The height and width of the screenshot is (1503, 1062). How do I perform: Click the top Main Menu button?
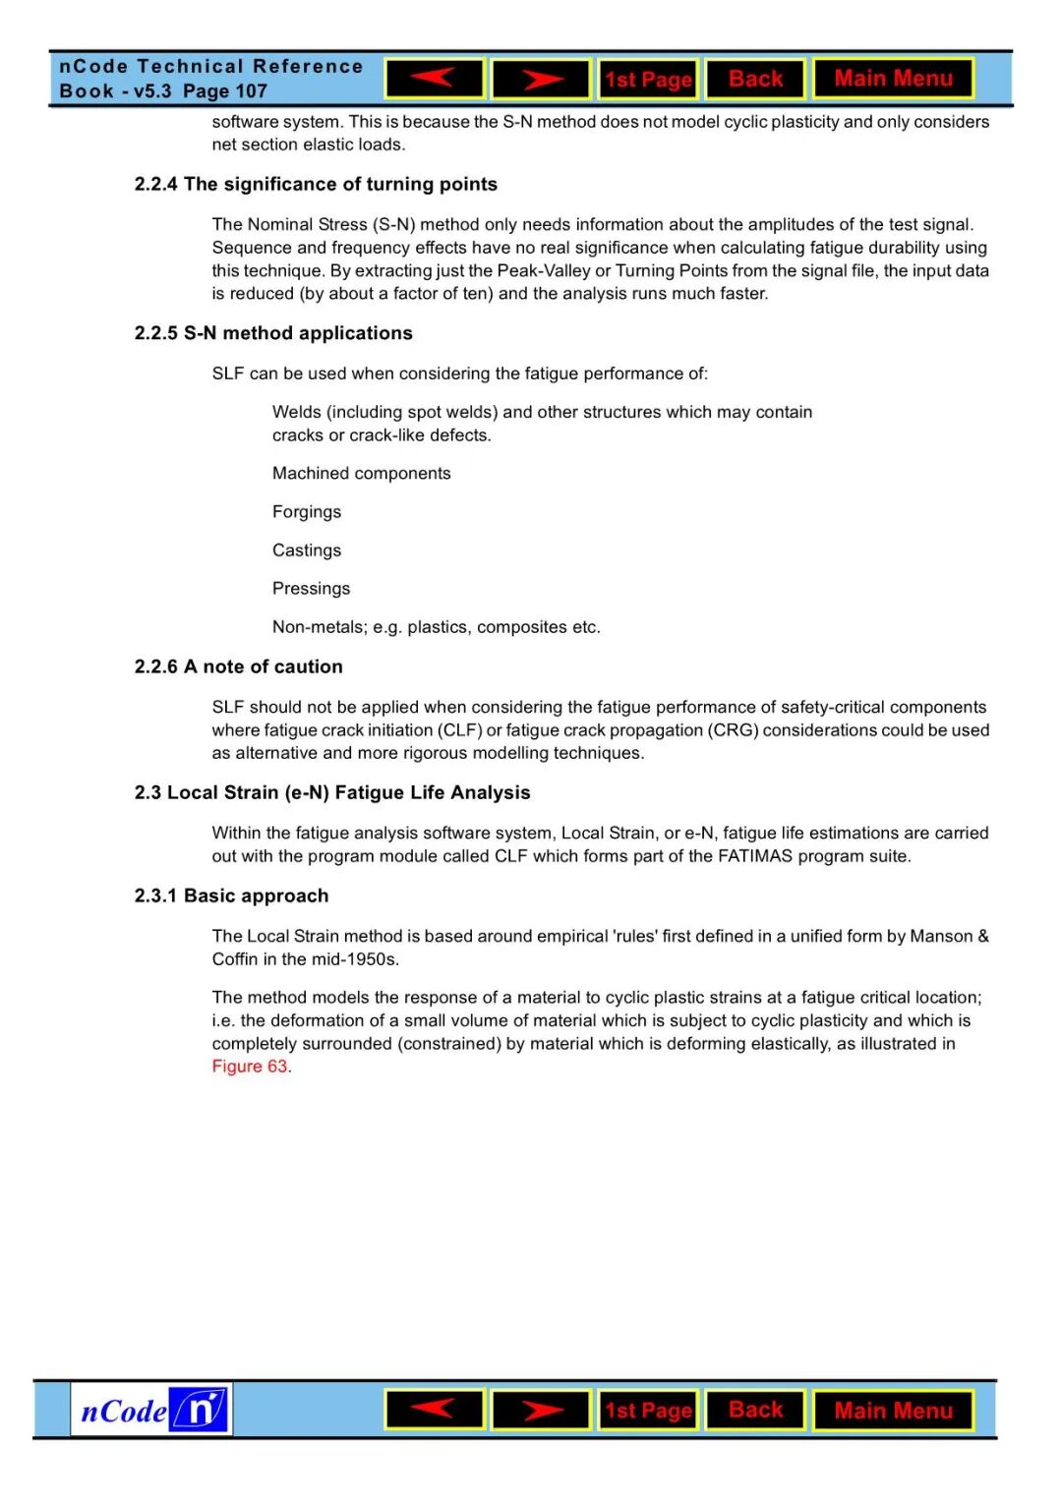point(893,79)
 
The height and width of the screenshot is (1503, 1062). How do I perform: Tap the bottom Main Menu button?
point(893,1411)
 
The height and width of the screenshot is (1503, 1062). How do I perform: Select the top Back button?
point(755,79)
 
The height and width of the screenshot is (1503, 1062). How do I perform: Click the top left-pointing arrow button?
point(434,79)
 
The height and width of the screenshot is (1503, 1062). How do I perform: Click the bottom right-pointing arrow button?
point(541,1411)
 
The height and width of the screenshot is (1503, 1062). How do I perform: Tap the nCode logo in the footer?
point(151,1411)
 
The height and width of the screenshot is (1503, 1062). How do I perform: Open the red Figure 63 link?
point(250,1067)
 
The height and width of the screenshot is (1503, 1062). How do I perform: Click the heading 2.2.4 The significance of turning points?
point(316,185)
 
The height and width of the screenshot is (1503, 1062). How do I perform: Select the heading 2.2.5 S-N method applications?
point(273,333)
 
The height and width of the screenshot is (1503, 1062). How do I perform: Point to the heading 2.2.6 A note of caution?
point(239,666)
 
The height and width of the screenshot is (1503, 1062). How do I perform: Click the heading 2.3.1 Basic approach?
point(231,896)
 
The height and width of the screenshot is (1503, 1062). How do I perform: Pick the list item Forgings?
point(307,512)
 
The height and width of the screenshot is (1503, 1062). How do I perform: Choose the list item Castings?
point(307,550)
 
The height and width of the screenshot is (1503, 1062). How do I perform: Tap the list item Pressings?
point(311,589)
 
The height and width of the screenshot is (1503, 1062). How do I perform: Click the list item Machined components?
point(361,474)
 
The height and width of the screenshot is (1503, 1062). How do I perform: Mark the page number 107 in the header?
point(251,91)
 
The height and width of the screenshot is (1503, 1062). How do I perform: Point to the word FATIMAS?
point(754,856)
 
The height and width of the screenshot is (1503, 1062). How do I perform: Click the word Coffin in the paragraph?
point(234,959)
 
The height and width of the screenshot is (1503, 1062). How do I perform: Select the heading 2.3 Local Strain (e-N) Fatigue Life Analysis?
point(332,793)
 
